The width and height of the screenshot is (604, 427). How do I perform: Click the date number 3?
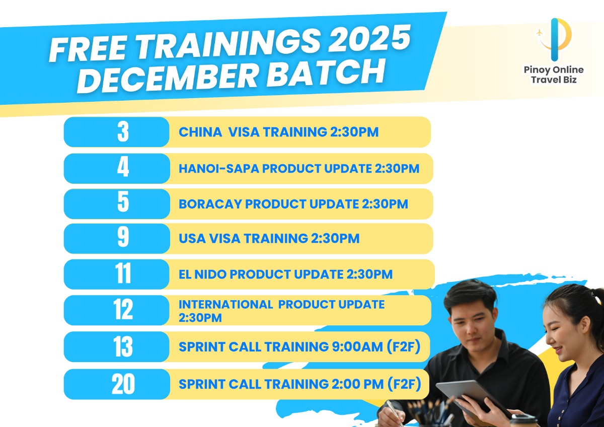click(123, 132)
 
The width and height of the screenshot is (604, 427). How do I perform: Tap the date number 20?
click(123, 384)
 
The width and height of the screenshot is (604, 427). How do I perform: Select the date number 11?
click(123, 274)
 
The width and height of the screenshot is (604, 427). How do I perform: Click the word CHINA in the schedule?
click(200, 132)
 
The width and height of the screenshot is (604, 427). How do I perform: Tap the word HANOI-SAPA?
click(218, 169)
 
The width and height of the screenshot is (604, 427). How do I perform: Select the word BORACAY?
click(210, 204)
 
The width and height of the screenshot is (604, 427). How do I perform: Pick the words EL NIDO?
click(202, 274)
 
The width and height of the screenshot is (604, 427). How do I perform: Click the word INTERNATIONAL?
click(225, 305)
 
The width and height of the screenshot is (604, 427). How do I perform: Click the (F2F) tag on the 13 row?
click(404, 347)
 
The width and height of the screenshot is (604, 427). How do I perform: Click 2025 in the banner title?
click(369, 39)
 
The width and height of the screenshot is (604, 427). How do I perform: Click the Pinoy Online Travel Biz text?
click(554, 75)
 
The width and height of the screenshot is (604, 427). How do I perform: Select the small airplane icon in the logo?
click(539, 33)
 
